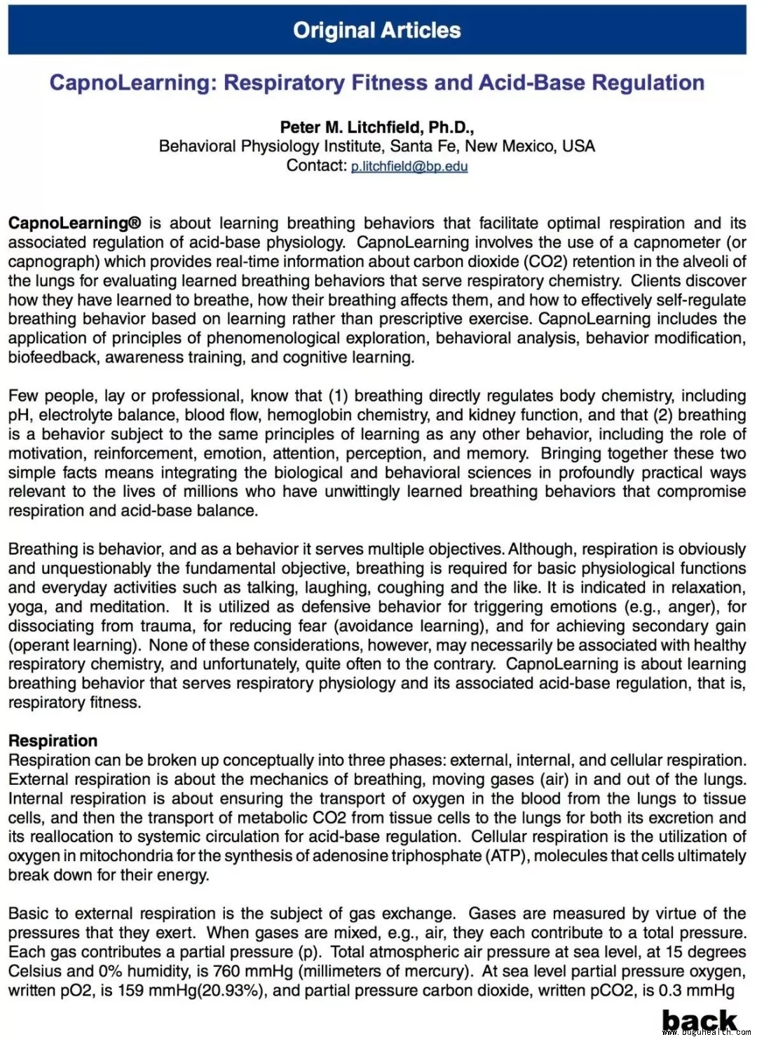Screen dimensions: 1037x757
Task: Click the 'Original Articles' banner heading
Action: click(377, 30)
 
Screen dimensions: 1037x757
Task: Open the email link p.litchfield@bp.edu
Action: click(409, 167)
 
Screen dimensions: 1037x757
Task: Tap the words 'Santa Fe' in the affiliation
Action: click(423, 146)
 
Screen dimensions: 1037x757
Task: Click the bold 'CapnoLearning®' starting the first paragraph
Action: click(74, 224)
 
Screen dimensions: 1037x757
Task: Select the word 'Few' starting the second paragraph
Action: click(23, 396)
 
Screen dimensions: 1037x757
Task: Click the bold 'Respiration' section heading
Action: click(53, 741)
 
